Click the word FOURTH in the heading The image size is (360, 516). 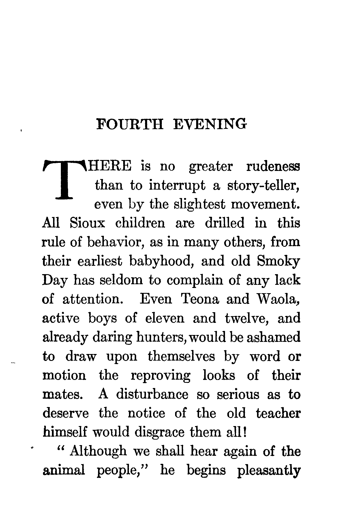pos(130,124)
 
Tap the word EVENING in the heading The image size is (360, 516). pos(211,124)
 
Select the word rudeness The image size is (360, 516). pos(273,167)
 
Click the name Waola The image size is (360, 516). pos(278,299)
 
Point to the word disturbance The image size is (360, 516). pos(152,394)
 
